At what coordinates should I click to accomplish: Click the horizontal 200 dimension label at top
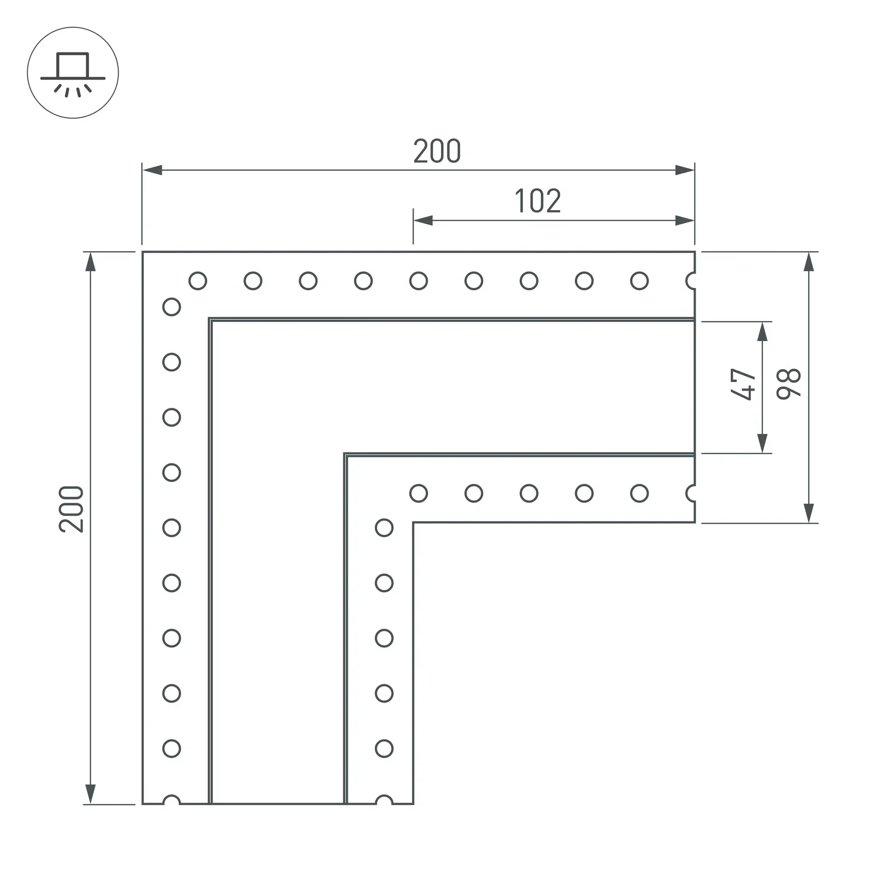tap(437, 151)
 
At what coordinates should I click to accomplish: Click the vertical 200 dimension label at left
tap(71, 509)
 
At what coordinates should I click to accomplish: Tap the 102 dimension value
tap(538, 201)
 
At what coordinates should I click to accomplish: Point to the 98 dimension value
tap(789, 384)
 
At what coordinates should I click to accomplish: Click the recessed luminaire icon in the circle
tap(73, 74)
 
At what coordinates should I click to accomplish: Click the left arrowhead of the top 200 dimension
tap(152, 170)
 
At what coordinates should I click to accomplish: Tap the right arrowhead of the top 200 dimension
tap(685, 170)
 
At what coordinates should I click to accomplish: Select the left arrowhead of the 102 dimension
tap(423, 221)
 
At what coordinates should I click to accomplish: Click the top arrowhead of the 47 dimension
tap(762, 332)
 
